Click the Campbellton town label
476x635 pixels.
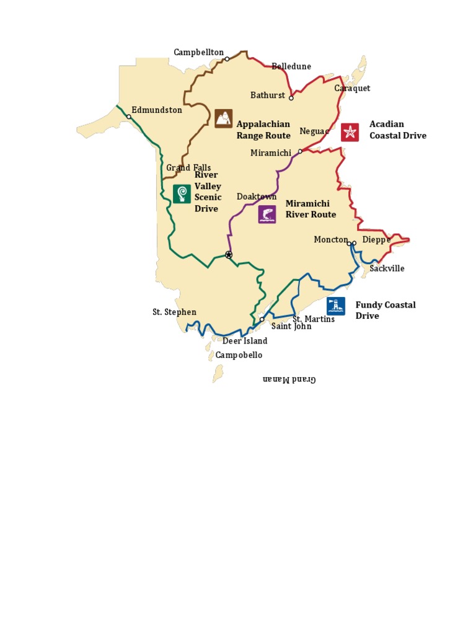click(198, 53)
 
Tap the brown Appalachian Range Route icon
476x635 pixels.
click(224, 118)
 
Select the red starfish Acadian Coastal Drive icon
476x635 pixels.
click(350, 132)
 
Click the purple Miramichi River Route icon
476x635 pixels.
click(267, 215)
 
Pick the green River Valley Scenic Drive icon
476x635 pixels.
click(182, 194)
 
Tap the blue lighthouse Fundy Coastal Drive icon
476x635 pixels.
click(336, 306)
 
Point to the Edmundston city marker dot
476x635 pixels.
click(129, 117)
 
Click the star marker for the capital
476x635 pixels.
click(229, 255)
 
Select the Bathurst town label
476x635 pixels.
click(268, 95)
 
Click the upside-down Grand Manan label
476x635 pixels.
click(289, 379)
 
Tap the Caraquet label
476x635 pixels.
click(352, 89)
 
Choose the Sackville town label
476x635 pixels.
click(387, 269)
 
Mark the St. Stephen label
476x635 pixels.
click(174, 312)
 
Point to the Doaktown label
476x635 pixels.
click(257, 197)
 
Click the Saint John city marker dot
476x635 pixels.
click(262, 319)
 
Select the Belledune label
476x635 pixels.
click(291, 66)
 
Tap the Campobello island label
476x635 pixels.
click(239, 355)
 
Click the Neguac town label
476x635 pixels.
click(312, 131)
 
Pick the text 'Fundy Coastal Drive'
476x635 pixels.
click(385, 310)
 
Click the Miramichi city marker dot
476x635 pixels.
click(300, 151)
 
